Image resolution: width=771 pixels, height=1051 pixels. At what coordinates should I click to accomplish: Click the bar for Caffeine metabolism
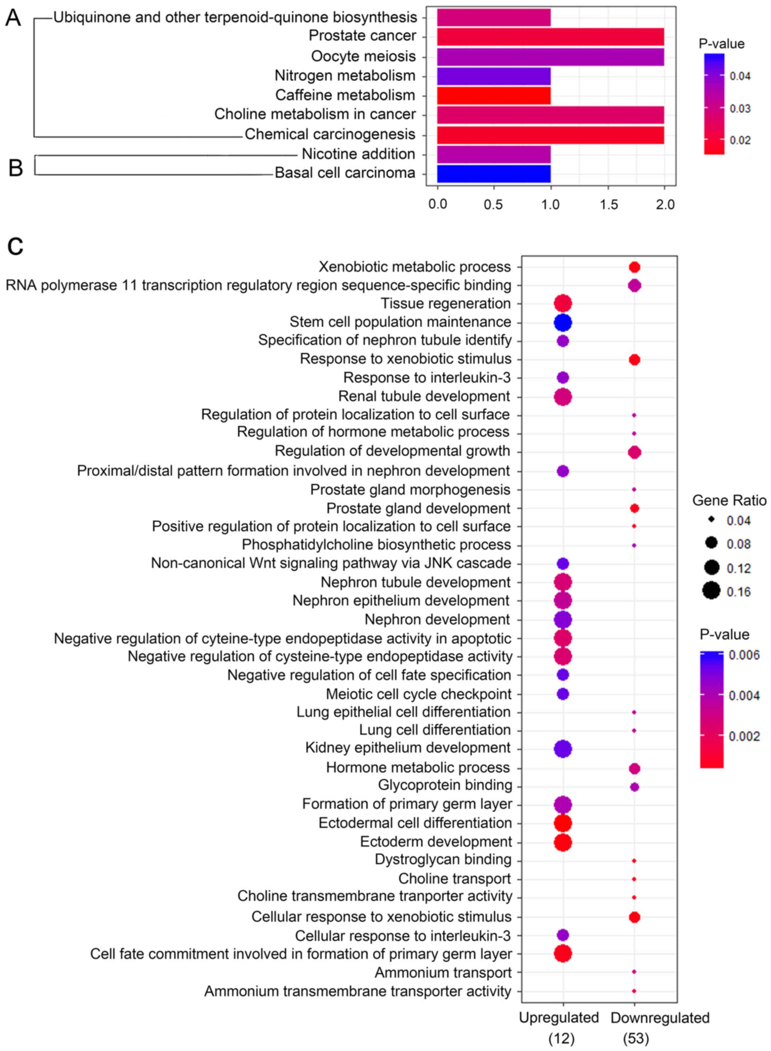(494, 95)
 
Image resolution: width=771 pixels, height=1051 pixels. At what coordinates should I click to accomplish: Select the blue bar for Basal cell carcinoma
(494, 173)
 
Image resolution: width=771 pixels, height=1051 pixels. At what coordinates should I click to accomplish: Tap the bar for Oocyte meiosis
(550, 56)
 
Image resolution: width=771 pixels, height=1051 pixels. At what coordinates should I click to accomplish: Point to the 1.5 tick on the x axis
(609, 205)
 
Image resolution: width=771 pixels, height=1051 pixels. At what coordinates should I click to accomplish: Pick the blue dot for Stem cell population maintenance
(563, 322)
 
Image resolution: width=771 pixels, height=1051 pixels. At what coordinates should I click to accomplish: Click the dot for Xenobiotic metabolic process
(634, 267)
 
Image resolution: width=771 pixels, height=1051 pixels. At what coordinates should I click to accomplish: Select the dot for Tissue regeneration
(563, 304)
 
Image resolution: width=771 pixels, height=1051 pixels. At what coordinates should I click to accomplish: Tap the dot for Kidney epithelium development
(563, 749)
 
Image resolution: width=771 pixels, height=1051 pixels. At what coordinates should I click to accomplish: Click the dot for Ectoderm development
(563, 842)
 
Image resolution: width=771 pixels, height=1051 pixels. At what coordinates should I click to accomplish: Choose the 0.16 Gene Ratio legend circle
(712, 592)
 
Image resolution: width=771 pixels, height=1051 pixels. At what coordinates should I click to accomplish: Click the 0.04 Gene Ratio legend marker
(712, 519)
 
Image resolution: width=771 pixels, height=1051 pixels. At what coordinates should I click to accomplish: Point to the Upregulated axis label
(559, 1017)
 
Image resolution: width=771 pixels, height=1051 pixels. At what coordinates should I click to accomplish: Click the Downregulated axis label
(660, 1017)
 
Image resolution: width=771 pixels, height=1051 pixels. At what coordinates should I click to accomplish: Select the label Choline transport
(455, 878)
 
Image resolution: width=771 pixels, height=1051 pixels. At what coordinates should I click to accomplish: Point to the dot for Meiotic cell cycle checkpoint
(563, 694)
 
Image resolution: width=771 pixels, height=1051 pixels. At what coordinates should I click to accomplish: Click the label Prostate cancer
(362, 36)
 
